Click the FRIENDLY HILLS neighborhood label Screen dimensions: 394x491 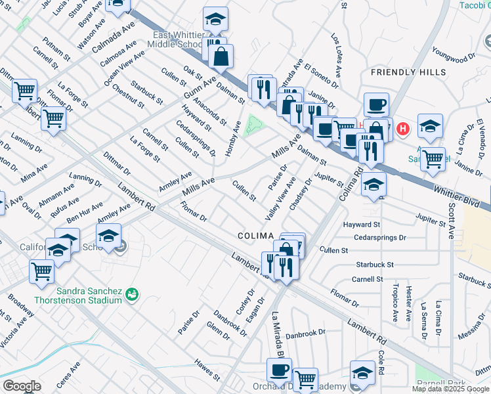click(x=408, y=72)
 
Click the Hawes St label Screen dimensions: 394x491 click(x=207, y=370)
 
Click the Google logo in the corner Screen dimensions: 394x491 click(x=22, y=386)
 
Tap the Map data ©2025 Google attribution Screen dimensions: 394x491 click(x=450, y=389)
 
